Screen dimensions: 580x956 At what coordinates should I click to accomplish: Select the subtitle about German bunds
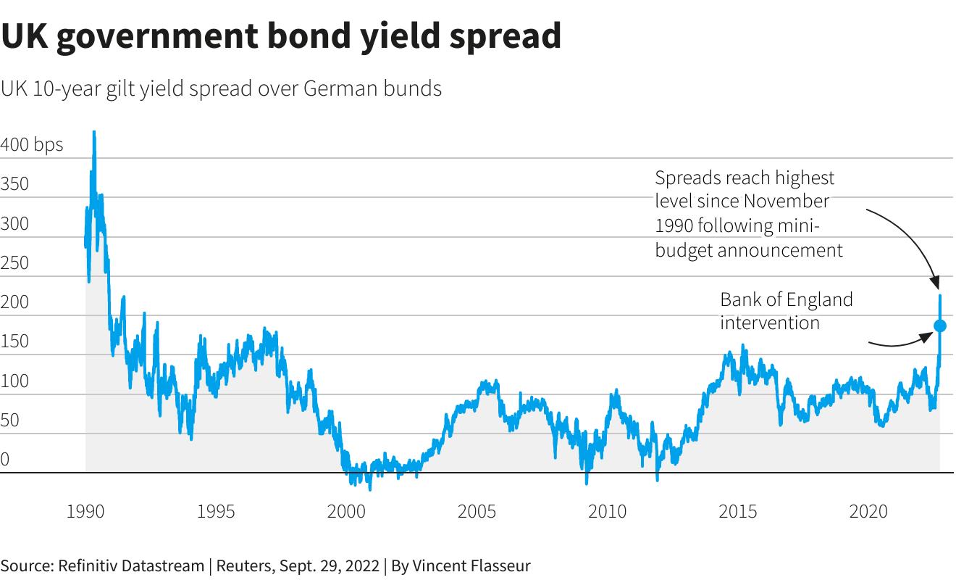pos(221,88)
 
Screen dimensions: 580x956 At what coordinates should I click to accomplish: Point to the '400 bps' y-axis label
pos(32,144)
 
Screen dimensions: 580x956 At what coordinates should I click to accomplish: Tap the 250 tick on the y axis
pos(14,262)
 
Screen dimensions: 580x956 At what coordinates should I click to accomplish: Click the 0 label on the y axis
pos(5,459)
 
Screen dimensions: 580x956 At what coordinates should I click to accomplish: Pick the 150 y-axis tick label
pos(14,341)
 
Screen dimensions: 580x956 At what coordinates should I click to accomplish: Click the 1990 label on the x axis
pos(85,512)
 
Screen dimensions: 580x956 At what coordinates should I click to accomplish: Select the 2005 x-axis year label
pos(477,512)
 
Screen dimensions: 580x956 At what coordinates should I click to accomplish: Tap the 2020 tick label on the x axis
pos(868,512)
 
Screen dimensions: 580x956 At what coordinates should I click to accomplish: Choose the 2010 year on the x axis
pos(607,512)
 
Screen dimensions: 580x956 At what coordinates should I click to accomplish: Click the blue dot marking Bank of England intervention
pos(939,326)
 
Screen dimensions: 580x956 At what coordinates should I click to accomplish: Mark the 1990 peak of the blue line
pos(94,133)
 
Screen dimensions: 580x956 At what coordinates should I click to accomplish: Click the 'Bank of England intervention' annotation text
pos(786,310)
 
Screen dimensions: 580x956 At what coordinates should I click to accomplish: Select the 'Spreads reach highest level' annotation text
pos(749,214)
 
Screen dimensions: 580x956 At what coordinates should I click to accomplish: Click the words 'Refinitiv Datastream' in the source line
pos(131,565)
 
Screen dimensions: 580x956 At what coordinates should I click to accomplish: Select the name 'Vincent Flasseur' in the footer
pos(470,565)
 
